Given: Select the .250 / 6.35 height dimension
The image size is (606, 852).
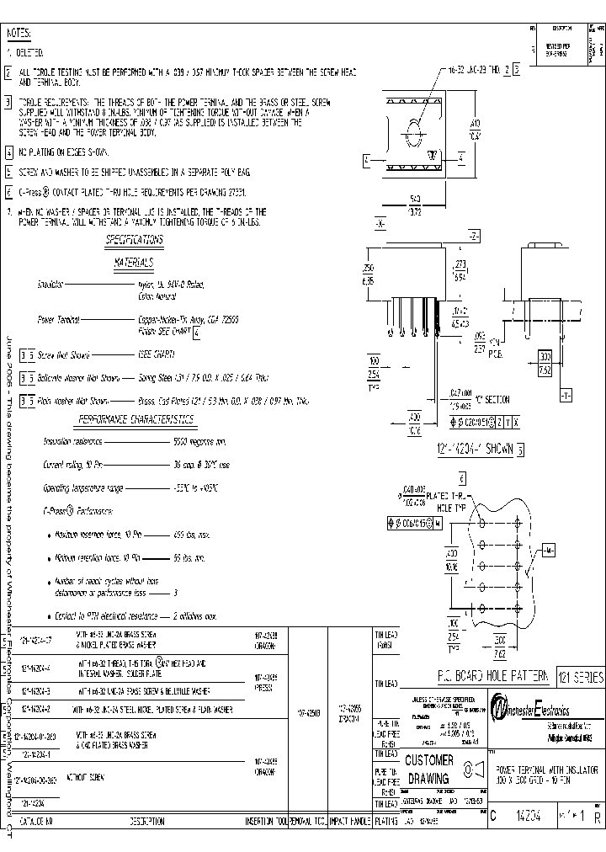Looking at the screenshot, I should point(368,273).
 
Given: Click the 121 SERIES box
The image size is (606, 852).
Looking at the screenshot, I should point(578,677).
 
